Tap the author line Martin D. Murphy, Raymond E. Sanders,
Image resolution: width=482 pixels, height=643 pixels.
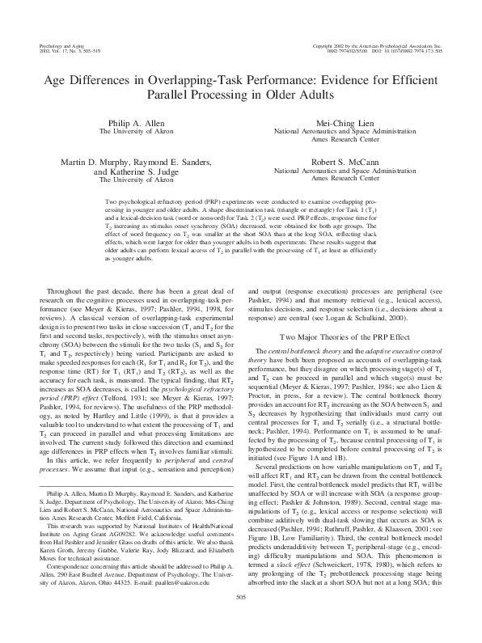pyautogui.click(x=126, y=162)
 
